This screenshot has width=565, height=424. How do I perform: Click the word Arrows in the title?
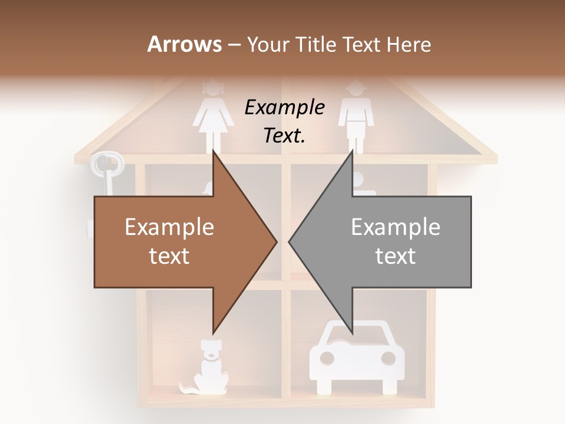point(184,44)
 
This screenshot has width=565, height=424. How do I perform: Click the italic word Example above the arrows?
point(285,108)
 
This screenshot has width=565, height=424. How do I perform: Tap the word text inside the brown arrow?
point(169,256)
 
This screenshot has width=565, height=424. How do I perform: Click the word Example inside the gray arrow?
point(395,227)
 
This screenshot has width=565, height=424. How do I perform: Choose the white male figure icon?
point(356,118)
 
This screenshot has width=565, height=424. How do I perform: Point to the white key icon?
point(106,171)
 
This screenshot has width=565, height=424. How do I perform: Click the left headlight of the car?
point(327,358)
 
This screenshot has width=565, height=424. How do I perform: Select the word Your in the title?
point(268,45)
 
